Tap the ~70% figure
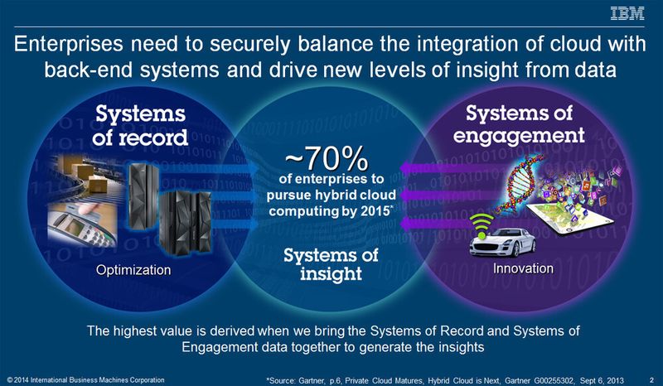pyautogui.click(x=322, y=155)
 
